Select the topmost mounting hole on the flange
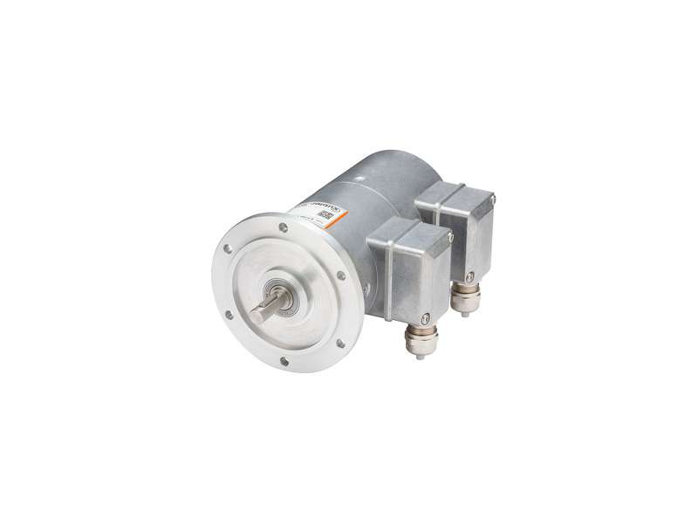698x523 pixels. pos(283,228)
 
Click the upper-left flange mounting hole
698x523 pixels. pos(229,248)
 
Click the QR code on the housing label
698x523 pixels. pos(325,215)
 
